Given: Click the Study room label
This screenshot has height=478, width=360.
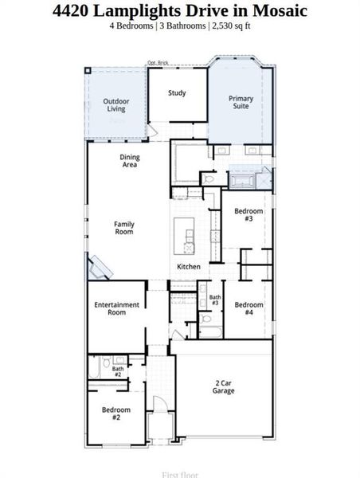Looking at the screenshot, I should [x=177, y=93].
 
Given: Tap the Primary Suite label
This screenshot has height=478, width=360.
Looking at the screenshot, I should [x=241, y=103].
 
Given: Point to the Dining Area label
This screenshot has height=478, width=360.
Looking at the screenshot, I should [x=130, y=161].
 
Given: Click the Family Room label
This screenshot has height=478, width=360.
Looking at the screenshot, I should [x=123, y=228].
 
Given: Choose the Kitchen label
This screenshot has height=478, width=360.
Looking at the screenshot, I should [x=189, y=266].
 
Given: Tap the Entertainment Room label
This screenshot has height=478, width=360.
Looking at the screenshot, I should [x=117, y=308].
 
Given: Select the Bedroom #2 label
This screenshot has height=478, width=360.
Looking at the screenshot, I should [x=115, y=413].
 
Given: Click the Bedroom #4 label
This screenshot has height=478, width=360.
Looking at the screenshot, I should [x=248, y=308].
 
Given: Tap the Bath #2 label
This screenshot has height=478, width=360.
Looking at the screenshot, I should [x=117, y=370].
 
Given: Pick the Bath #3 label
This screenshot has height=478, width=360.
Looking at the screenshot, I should [x=215, y=300].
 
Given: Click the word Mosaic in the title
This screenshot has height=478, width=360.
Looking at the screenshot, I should [x=279, y=10].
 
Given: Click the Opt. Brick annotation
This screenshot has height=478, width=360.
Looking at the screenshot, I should [x=158, y=62].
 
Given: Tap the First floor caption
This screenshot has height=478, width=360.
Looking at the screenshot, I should [x=179, y=474].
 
